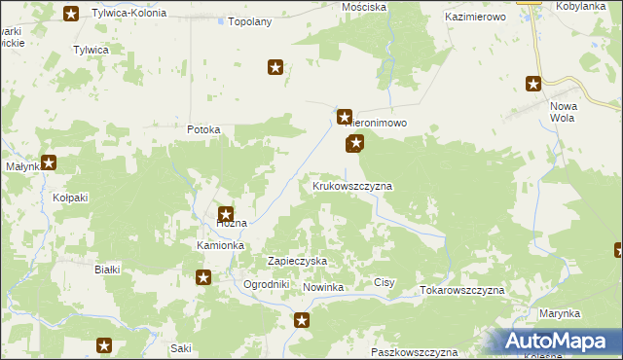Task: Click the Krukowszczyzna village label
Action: (351, 185)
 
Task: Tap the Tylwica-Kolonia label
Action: (128, 14)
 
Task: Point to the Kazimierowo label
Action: (478, 18)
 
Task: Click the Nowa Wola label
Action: (564, 111)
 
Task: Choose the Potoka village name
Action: (205, 129)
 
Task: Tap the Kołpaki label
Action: (70, 198)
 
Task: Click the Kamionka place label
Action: (220, 245)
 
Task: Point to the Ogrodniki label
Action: (267, 284)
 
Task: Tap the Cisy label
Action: (385, 283)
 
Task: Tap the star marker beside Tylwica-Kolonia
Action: (71, 14)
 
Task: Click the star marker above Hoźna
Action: (226, 215)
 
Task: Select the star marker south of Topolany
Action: (275, 67)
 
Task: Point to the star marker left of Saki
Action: (105, 344)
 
